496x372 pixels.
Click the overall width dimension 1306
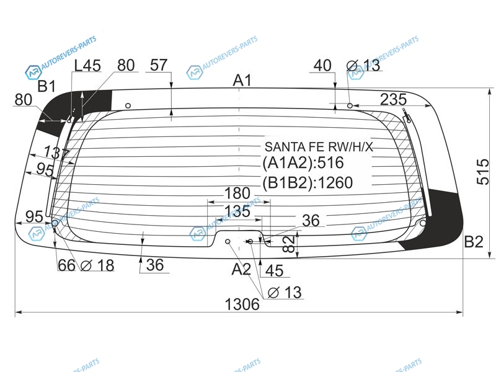click(x=242, y=304)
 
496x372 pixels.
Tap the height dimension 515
click(x=483, y=172)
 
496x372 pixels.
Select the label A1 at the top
click(x=242, y=81)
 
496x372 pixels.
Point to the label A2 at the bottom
click(x=241, y=269)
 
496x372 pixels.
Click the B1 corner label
click(x=46, y=86)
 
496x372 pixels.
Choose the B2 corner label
click(x=474, y=242)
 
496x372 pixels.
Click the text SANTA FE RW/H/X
click(x=319, y=147)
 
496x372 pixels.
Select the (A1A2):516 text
click(x=303, y=163)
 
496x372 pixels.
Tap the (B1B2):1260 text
click(x=308, y=182)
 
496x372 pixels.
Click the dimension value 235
click(x=393, y=99)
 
